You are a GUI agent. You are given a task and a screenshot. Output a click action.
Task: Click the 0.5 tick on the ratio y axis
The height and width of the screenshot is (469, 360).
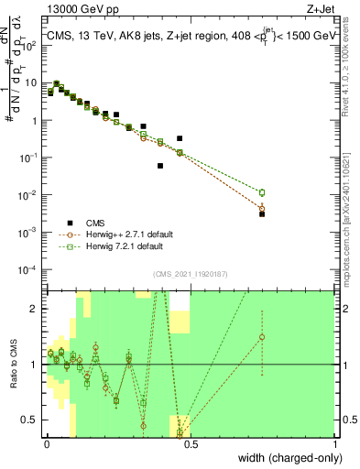[x=33, y=420]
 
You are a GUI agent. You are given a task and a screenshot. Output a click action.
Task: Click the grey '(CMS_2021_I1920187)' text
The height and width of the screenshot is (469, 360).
[x=190, y=272]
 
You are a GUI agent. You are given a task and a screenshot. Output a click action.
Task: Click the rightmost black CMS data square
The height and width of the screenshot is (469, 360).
[x=262, y=213]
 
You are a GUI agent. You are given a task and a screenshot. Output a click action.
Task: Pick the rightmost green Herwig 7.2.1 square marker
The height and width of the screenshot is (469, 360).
[x=262, y=192]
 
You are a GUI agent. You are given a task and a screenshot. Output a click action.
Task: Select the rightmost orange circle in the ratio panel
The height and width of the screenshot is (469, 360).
[x=262, y=337]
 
